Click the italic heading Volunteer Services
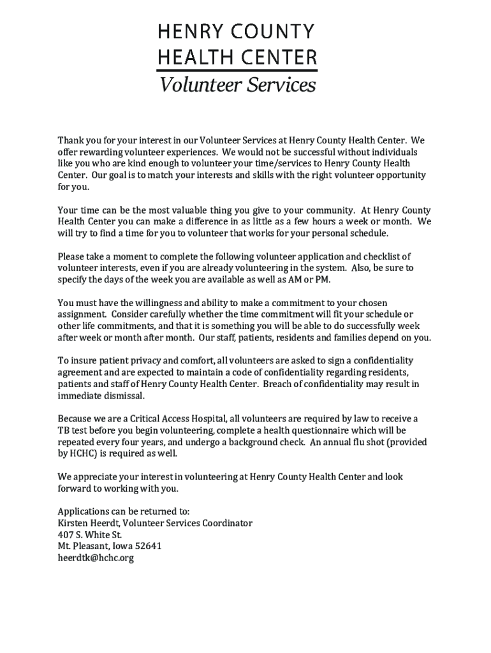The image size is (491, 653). pyautogui.click(x=237, y=84)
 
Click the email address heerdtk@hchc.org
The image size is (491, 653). pyautogui.click(x=96, y=558)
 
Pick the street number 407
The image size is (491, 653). pyautogui.click(x=66, y=534)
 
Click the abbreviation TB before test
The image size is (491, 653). pyautogui.click(x=64, y=430)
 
